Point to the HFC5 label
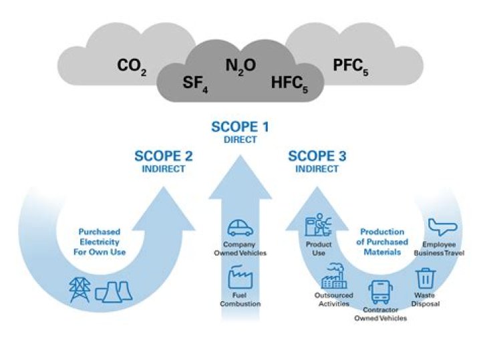[290, 83]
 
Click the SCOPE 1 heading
[240, 127]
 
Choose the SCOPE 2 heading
[164, 156]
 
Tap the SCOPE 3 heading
[317, 156]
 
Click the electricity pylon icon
[79, 289]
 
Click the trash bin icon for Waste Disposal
[426, 277]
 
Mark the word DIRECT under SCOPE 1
[240, 140]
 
